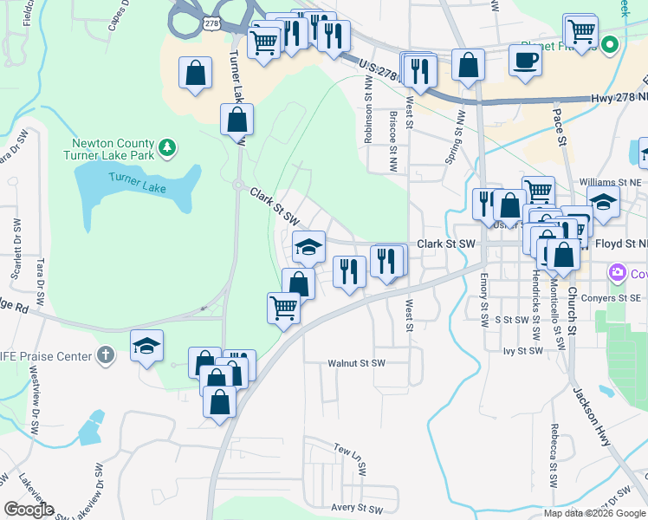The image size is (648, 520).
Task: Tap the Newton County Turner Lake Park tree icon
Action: coord(168,148)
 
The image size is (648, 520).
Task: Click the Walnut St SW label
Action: coord(356,363)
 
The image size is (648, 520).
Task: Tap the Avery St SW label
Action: coord(356,508)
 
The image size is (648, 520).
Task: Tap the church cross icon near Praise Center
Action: coord(105,354)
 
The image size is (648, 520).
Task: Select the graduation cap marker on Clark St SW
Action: coord(308,246)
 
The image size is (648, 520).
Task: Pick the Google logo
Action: coord(29,510)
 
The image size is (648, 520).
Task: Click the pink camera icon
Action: coord(617,273)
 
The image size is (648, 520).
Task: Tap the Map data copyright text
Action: coord(593,513)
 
